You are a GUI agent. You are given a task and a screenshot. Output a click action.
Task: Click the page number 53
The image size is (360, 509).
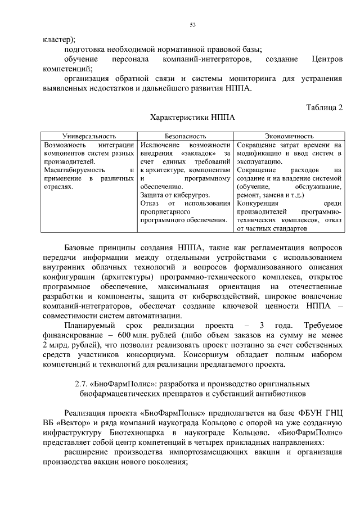click(192, 25)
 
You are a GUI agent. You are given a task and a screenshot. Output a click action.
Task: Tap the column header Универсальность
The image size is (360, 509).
click(89, 136)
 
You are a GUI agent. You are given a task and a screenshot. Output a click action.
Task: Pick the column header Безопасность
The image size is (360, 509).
click(185, 136)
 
